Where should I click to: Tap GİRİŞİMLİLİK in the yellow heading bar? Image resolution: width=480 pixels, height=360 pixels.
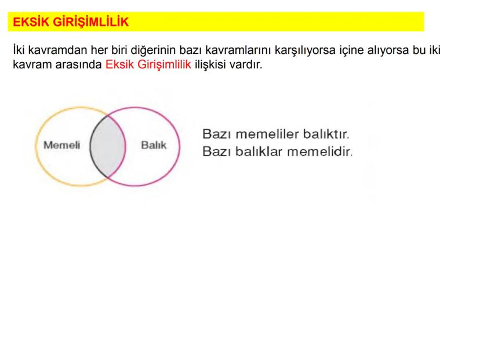coord(91,22)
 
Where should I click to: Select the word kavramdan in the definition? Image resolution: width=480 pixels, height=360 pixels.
coord(57,50)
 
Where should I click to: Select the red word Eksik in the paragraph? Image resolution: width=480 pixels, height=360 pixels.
coord(119,64)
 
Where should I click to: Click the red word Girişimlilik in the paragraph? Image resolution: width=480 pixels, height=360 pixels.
coord(164,65)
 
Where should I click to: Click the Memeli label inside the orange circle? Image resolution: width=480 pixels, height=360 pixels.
coord(62,145)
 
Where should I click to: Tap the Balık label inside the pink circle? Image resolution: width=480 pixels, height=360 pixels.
coord(154,145)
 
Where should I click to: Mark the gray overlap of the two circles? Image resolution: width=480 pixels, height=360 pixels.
coord(107,146)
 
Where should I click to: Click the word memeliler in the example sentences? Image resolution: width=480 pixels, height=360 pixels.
coord(267,134)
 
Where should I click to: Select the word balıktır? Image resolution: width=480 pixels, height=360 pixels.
coord(326,134)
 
